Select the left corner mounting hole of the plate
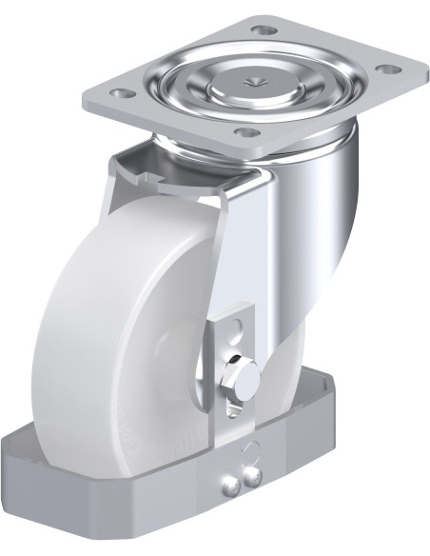click(120, 94)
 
